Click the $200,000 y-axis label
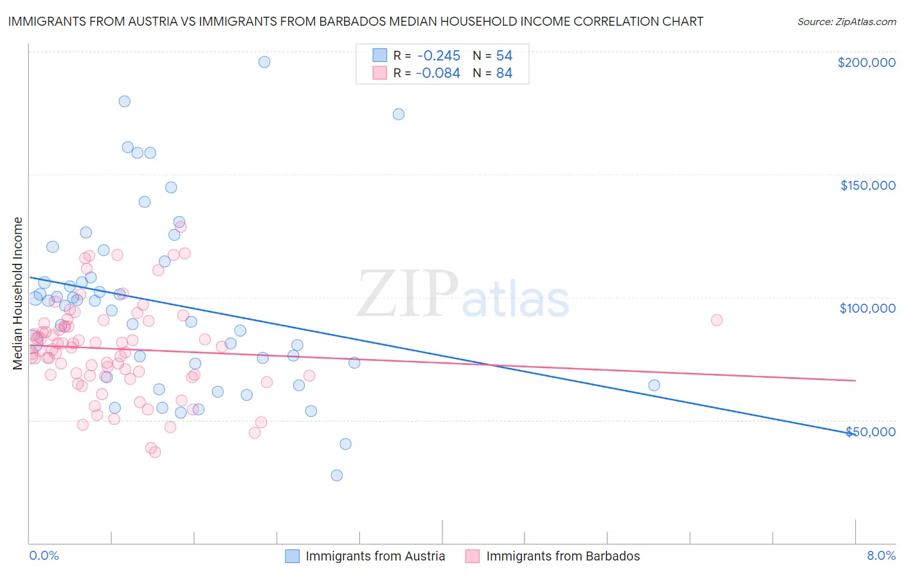[866, 62]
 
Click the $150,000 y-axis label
[867, 185]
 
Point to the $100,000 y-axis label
[867, 308]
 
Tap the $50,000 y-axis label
[870, 431]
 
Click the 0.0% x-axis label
[44, 555]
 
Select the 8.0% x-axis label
[881, 555]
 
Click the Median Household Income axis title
[18, 293]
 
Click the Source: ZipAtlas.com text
[846, 21]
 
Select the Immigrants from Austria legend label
[375, 556]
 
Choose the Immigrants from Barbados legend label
[563, 556]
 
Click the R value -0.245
[438, 56]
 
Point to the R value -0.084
[438, 73]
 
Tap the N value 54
[504, 56]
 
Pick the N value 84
[504, 73]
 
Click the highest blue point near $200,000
[264, 62]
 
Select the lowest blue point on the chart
[336, 476]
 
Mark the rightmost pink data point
[716, 320]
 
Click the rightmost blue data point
[654, 385]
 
